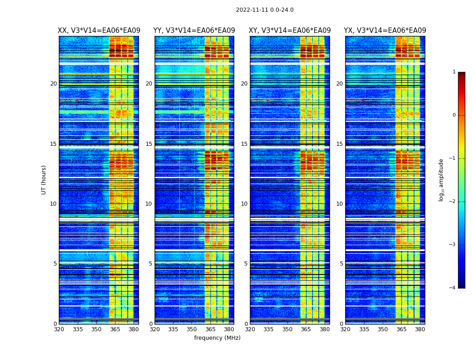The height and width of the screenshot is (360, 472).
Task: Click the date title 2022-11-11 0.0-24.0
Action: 264,10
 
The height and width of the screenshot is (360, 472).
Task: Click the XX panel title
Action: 99,31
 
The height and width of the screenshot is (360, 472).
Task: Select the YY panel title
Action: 194,31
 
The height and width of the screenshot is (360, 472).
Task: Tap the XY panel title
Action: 289,31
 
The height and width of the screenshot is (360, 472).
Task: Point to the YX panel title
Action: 385,31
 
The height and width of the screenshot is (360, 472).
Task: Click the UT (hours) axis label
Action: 44,180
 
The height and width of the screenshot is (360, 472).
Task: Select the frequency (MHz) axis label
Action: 217,338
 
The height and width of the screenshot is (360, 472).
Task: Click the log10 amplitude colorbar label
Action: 441,180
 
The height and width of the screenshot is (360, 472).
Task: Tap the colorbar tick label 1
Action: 454,72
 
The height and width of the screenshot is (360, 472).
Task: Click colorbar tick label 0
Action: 454,115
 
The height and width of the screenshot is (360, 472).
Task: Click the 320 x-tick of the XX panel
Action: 59,329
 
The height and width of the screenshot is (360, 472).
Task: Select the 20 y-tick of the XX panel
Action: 53,84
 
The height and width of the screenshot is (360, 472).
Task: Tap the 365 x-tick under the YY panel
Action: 210,329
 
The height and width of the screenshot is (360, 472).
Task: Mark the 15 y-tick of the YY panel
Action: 148,144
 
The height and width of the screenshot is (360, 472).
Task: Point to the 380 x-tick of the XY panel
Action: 325,329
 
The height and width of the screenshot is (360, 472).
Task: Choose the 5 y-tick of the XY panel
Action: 245,264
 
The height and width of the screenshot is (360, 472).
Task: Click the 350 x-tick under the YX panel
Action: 383,329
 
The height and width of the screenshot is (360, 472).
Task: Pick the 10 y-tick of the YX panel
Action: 339,204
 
